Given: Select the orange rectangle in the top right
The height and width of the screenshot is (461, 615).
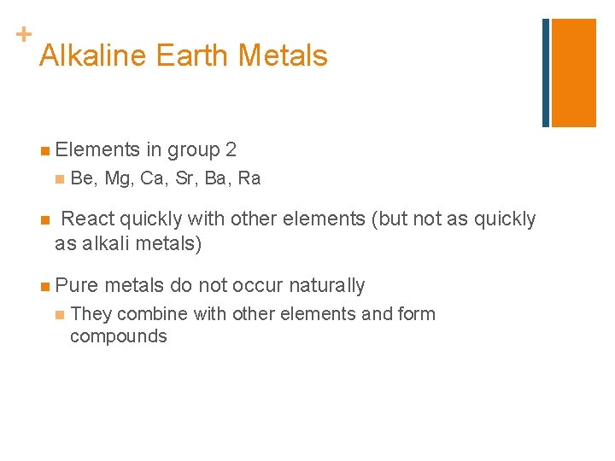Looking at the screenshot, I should point(573,73).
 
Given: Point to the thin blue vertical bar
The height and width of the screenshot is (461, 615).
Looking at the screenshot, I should point(546,73).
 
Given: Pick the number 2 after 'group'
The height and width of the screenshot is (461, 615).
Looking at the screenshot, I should point(231,150).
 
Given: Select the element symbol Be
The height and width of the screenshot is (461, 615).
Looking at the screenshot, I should point(82,178).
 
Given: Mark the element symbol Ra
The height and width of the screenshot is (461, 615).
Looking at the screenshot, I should point(249,178).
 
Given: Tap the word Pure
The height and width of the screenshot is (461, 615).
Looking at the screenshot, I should point(76,285).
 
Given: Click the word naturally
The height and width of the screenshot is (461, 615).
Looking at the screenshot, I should point(327,285).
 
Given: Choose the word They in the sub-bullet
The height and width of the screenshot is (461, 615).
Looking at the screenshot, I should point(91,314).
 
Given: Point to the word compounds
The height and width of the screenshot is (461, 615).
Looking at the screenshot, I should point(118,336).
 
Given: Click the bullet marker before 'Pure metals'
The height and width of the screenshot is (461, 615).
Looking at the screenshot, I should point(44,286).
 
